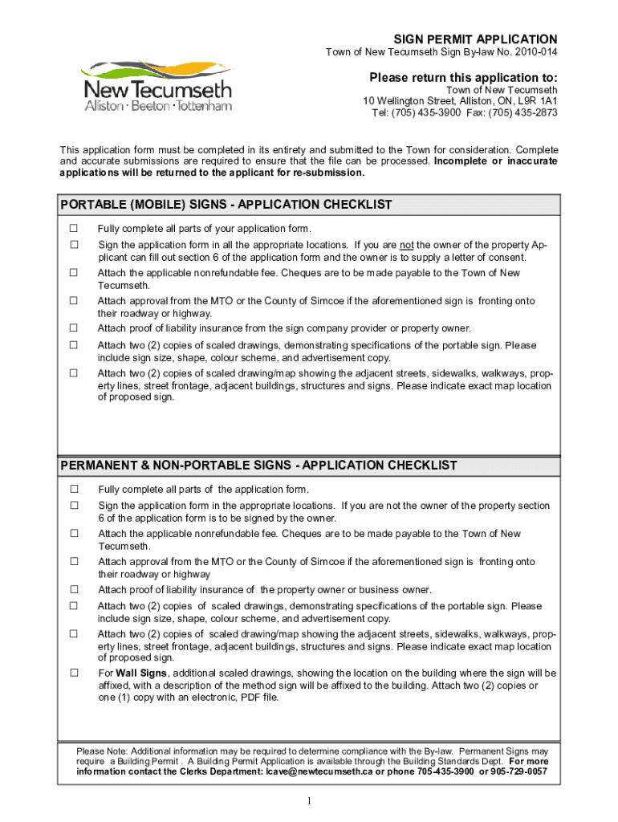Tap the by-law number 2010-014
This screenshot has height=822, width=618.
(533, 52)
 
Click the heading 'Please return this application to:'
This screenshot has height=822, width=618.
(463, 77)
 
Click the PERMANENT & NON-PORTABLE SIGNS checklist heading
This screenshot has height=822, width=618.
(258, 466)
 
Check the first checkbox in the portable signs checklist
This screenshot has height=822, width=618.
(74, 229)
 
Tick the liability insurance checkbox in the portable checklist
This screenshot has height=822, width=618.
(74, 328)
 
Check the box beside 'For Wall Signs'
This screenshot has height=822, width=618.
(74, 673)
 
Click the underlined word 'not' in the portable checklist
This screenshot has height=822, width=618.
(407, 245)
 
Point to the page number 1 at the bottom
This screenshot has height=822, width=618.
(308, 801)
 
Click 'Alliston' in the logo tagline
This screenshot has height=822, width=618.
(104, 106)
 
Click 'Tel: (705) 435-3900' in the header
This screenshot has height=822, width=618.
(416, 113)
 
